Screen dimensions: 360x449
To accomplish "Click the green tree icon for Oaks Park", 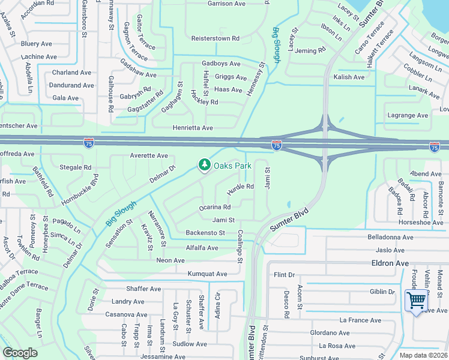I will tap(204, 164).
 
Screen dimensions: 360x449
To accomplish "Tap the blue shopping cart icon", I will tap(416, 300).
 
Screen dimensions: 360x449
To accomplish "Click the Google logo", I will tap(20, 353).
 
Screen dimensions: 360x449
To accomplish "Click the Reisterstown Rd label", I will tap(215, 38).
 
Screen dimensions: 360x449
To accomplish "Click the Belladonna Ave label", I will tap(391, 237).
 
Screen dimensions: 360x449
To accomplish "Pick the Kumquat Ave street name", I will tap(207, 274).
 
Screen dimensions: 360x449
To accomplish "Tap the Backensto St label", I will tap(205, 233).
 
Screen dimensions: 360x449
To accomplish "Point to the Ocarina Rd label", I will tap(215, 208).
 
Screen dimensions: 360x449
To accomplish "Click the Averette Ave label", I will tap(149, 155).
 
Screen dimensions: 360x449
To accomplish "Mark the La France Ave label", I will tap(360, 320).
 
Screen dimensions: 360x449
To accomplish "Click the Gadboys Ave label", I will tap(221, 64).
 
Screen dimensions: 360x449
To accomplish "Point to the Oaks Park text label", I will tap(233, 165).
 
